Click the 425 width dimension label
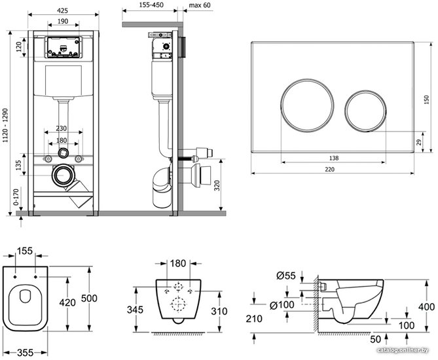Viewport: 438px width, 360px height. pyautogui.click(x=62, y=10)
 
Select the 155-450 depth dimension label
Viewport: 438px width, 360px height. pyautogui.click(x=151, y=5)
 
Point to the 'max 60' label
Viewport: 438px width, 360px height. pyautogui.click(x=200, y=5)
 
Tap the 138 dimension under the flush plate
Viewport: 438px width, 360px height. pyautogui.click(x=334, y=158)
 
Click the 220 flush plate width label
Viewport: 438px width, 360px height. pyautogui.click(x=329, y=170)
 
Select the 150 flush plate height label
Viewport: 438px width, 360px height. pyautogui.click(x=426, y=99)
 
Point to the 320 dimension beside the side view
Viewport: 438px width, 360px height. pyautogui.click(x=217, y=186)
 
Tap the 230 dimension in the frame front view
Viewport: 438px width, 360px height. pyautogui.click(x=61, y=128)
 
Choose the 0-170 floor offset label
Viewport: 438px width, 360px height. pyautogui.click(x=16, y=197)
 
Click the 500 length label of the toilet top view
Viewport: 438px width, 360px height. pyautogui.click(x=89, y=298)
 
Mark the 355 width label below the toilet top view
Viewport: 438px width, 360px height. pyautogui.click(x=25, y=352)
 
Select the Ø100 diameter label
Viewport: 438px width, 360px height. pyautogui.click(x=282, y=305)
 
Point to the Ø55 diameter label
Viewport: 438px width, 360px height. pyautogui.click(x=285, y=276)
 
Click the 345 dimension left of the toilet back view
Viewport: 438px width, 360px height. pyautogui.click(x=136, y=310)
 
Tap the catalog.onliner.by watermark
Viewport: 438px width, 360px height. pyautogui.click(x=402, y=350)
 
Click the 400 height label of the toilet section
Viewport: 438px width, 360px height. pyautogui.click(x=426, y=307)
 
